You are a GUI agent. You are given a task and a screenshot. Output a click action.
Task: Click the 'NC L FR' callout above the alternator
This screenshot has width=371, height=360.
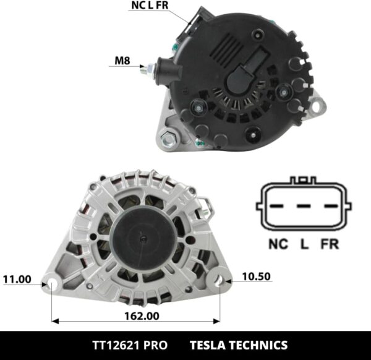point(149,6)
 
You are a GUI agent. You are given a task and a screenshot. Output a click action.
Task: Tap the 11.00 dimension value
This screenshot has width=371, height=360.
point(17,280)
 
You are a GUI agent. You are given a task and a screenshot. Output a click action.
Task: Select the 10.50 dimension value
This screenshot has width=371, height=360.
point(255,276)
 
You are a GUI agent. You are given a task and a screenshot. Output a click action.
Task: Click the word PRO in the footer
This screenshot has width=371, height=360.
point(154,345)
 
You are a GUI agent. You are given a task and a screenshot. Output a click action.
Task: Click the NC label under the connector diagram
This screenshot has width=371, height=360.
point(278,244)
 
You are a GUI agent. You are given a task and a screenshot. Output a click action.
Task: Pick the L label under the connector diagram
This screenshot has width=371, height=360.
point(304,244)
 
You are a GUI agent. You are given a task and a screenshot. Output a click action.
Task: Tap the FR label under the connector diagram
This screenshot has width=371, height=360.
point(330,244)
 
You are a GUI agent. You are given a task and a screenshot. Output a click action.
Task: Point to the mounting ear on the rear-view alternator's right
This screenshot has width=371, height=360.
point(317,106)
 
